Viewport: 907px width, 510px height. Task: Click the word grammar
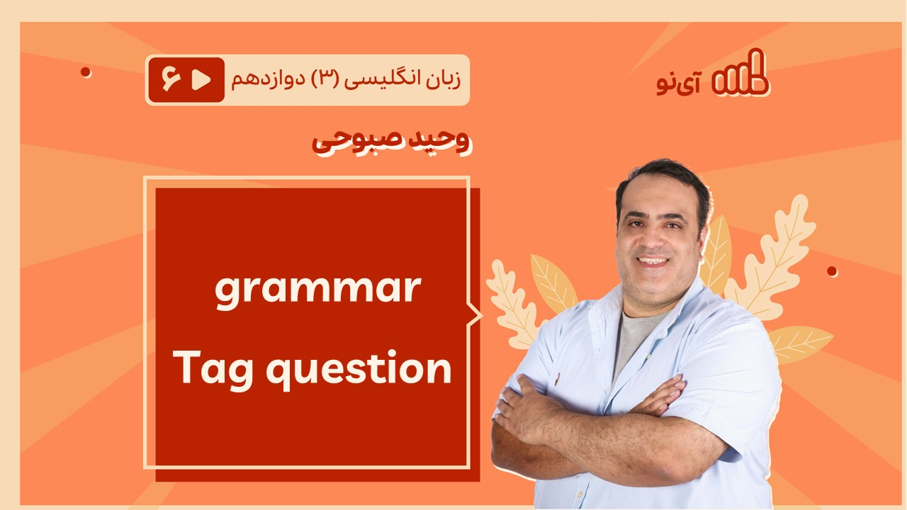coord(318,290)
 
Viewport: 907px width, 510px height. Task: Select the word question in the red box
coord(359,368)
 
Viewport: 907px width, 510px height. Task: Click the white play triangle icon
coord(201,80)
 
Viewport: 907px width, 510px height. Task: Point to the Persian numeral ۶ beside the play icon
coord(171,79)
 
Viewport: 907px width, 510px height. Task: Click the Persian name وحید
coord(437,140)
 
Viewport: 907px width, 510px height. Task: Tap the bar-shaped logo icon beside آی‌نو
coord(740,73)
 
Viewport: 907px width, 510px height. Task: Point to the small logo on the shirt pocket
coord(558,379)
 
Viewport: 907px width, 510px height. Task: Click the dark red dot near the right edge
coord(832,271)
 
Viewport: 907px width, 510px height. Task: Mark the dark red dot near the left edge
coord(86,72)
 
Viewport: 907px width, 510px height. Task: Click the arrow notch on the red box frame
coord(475,315)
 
